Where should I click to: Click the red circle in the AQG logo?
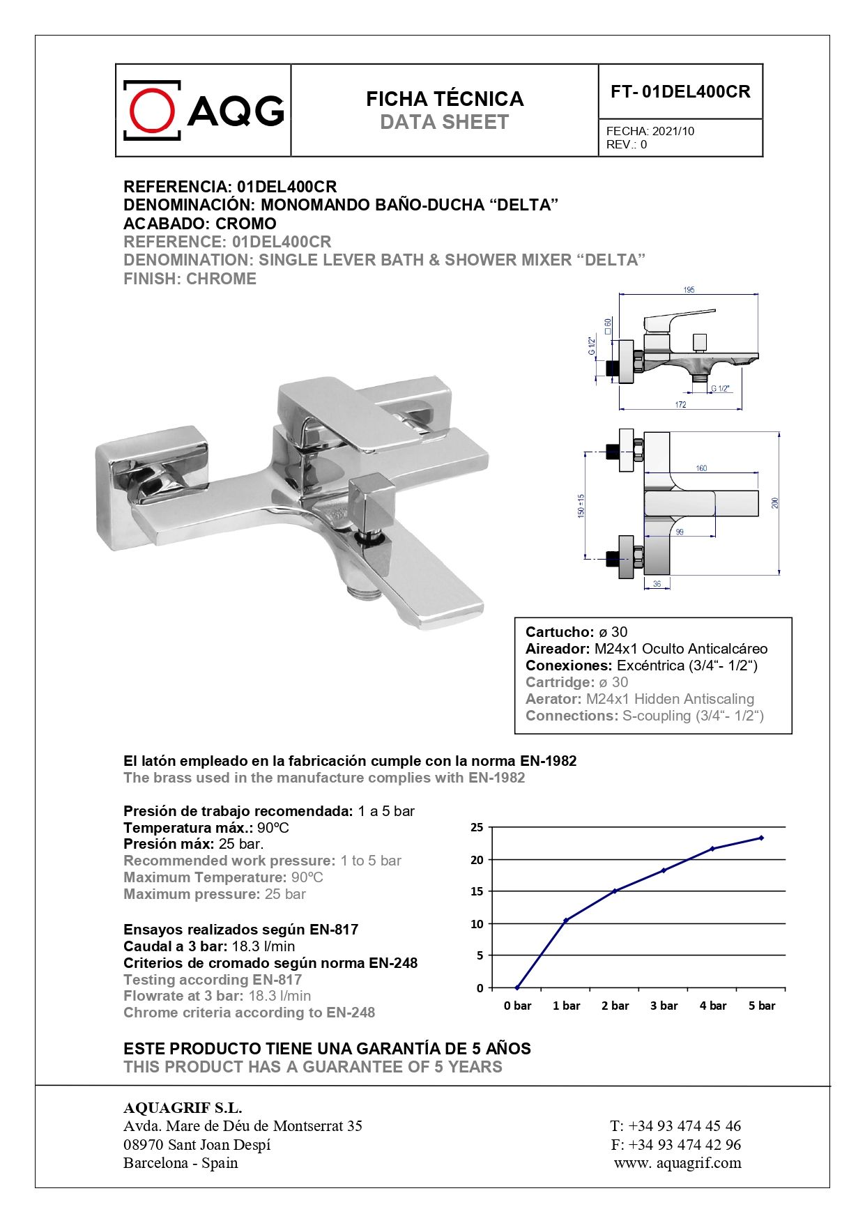tap(152, 111)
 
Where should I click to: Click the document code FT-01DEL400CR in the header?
tap(680, 92)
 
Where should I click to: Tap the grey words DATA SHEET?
tap(444, 123)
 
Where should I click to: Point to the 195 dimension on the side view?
tap(689, 290)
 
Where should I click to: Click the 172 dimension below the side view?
tap(680, 405)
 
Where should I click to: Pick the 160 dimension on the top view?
tap(701, 468)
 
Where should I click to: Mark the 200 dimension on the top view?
tap(775, 502)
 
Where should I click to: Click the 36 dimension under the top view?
tap(657, 584)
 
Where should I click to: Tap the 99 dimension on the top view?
tap(680, 532)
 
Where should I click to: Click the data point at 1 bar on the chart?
tap(566, 921)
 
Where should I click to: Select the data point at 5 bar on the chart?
tap(761, 838)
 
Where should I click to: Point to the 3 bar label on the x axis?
tap(664, 1006)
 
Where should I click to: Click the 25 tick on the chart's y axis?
tap(477, 828)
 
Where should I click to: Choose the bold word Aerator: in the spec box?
tap(553, 699)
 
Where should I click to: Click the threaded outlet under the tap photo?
tap(363, 592)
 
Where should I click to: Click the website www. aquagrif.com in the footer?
tap(678, 1162)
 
